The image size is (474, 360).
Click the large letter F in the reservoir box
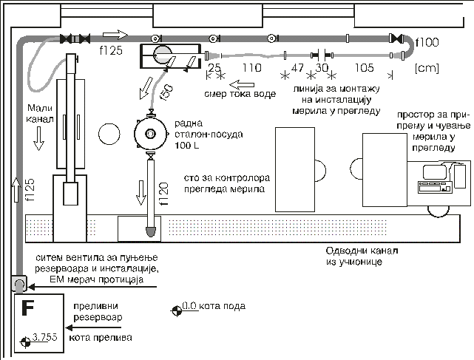[x=28, y=308]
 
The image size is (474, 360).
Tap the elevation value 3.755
[x=45, y=337]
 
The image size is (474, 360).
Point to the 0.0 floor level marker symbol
[x=177, y=310]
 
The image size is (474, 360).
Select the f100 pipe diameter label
[x=427, y=42]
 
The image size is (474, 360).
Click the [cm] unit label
[x=427, y=68]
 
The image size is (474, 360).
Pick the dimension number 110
[x=252, y=67]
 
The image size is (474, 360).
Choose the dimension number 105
[x=365, y=67]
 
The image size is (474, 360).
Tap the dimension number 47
[x=297, y=67]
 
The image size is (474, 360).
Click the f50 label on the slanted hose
[x=166, y=92]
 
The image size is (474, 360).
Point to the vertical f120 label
[x=163, y=194]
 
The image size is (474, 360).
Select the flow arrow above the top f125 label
[x=115, y=35]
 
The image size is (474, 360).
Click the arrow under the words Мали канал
[x=38, y=138]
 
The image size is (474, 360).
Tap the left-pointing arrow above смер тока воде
[x=242, y=84]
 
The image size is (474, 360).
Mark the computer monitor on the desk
[x=435, y=172]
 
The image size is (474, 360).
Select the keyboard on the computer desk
[x=430, y=189]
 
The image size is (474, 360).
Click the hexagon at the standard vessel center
[x=150, y=133]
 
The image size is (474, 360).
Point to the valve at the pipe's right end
[x=396, y=38]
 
